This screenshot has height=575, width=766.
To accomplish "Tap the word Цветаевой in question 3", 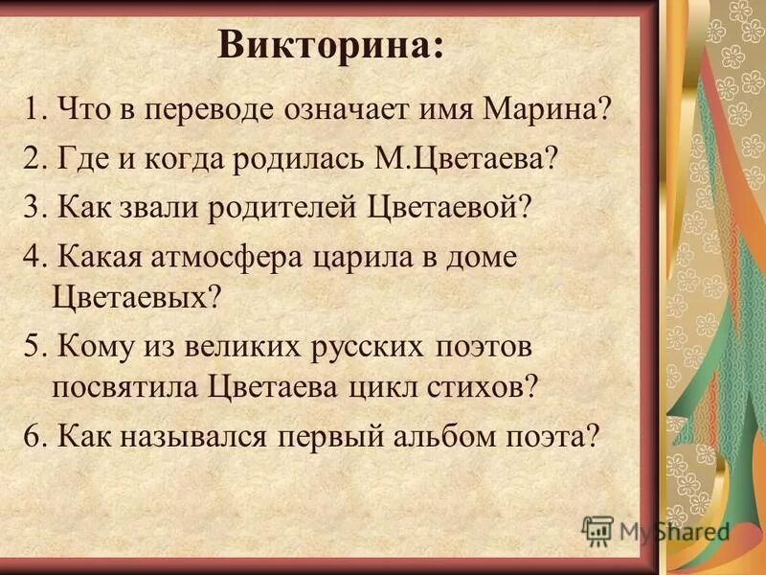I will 449,207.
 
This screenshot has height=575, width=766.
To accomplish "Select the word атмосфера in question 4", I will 213,256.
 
